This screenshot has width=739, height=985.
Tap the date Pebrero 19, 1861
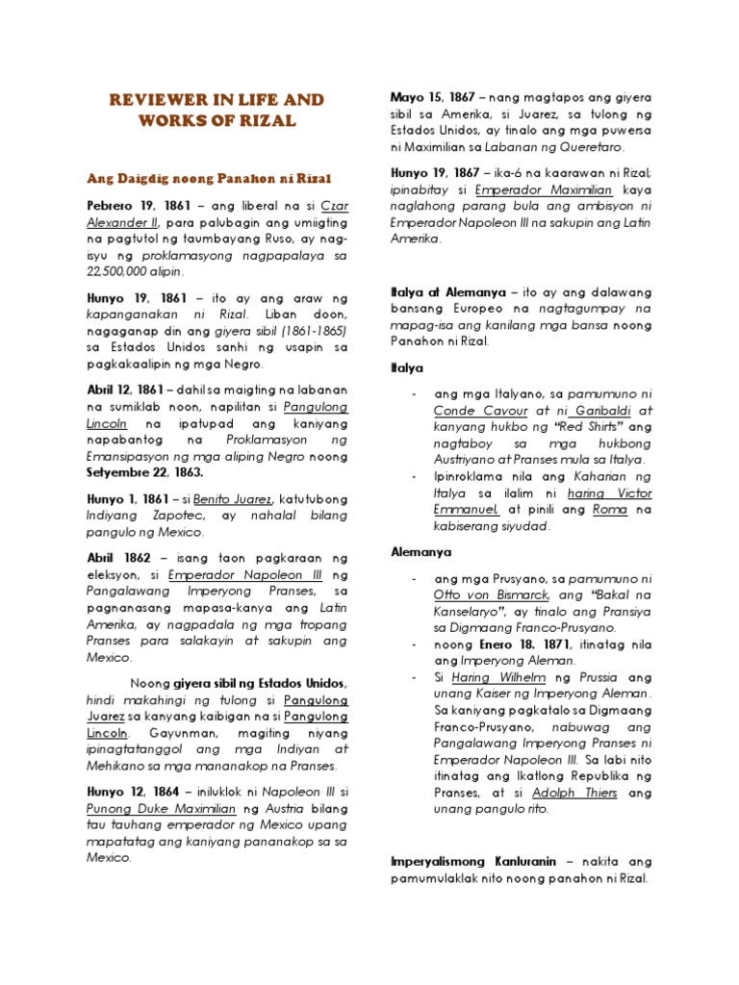[x=135, y=208]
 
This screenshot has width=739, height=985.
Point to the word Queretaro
[x=588, y=147]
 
